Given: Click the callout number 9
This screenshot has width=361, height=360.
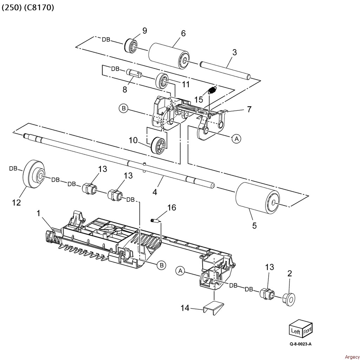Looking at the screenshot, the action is [145, 31].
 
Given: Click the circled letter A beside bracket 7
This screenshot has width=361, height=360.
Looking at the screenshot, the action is [237, 139].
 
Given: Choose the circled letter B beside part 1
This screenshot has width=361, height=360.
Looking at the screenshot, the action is [162, 265].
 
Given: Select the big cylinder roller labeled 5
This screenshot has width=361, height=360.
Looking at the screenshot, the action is [258, 198].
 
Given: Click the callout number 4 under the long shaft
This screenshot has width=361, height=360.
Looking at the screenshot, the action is [155, 192].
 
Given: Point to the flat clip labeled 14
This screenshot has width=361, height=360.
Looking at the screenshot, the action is [214, 308].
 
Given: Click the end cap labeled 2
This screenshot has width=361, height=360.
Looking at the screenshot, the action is [289, 300].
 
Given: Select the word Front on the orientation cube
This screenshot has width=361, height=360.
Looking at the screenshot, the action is [308, 331].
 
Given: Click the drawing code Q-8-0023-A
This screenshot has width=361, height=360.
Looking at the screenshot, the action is [301, 344].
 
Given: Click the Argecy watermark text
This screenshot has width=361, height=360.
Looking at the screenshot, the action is [352, 357].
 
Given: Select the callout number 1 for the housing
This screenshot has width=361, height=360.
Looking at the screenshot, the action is [39, 213].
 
